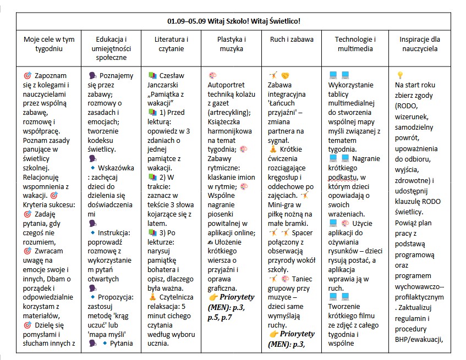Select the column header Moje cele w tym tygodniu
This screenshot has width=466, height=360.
click(x=49, y=44)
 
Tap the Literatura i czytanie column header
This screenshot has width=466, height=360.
click(x=171, y=44)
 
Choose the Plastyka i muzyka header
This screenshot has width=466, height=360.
click(x=231, y=44)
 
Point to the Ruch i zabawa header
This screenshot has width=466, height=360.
click(x=292, y=40)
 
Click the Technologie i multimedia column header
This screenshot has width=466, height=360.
click(x=355, y=44)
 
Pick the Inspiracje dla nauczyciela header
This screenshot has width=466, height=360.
click(x=420, y=44)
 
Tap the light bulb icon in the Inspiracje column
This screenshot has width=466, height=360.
click(x=400, y=75)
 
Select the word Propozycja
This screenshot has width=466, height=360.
click(x=117, y=297)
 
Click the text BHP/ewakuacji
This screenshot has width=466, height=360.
click(x=420, y=338)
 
